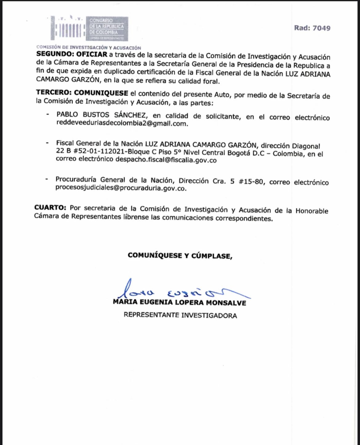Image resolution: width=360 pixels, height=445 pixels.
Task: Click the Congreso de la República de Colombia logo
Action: pyautogui.click(x=89, y=28)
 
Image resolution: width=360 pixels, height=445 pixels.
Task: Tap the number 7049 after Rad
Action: pyautogui.click(x=322, y=28)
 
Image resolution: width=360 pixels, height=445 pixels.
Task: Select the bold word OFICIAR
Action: pyautogui.click(x=92, y=55)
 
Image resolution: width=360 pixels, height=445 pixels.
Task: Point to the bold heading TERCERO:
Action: pyautogui.click(x=54, y=93)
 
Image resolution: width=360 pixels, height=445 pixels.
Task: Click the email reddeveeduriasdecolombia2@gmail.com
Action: pyautogui.click(x=122, y=123)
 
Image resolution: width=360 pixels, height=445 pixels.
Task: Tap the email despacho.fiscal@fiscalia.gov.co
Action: pyautogui.click(x=166, y=160)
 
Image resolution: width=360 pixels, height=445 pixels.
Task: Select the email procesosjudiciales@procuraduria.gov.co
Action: pyautogui.click(x=121, y=188)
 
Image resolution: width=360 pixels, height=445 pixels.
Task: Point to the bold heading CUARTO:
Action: pyautogui.click(x=50, y=208)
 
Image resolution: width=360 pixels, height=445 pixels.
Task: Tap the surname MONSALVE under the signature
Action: pyautogui.click(x=226, y=303)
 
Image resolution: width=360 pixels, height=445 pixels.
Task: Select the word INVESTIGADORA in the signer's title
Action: pyautogui.click(x=209, y=315)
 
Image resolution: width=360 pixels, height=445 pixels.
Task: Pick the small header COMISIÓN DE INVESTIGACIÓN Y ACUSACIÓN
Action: pyautogui.click(x=89, y=48)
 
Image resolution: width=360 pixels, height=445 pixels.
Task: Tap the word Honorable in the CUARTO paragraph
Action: pyautogui.click(x=312, y=211)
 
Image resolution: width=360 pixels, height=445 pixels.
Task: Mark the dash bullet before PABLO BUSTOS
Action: pyautogui.click(x=48, y=114)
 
